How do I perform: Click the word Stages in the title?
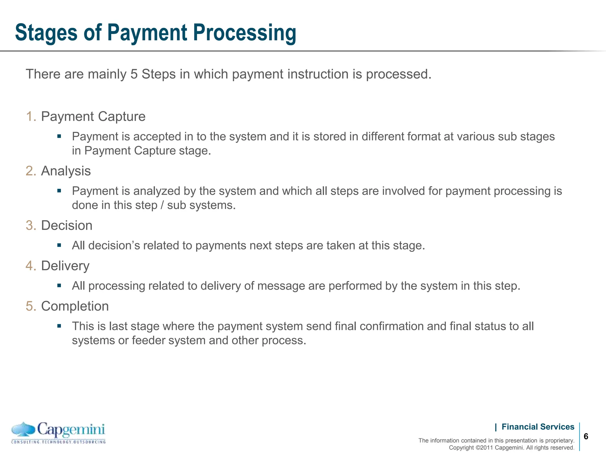(46, 33)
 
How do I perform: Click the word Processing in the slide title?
(244, 33)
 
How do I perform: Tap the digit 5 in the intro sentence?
(134, 74)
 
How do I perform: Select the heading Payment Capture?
(93, 116)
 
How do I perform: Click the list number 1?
(30, 116)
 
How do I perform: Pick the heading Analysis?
(66, 171)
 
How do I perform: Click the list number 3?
(30, 226)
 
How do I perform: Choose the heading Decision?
(67, 226)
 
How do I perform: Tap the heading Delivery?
(65, 266)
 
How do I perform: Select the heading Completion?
(75, 306)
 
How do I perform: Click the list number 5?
(30, 306)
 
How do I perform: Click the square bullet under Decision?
(59, 245)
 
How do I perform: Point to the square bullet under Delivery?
(59, 286)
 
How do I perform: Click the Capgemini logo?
(58, 433)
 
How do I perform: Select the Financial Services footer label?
(538, 427)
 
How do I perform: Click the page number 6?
(586, 437)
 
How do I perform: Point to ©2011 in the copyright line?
(484, 448)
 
